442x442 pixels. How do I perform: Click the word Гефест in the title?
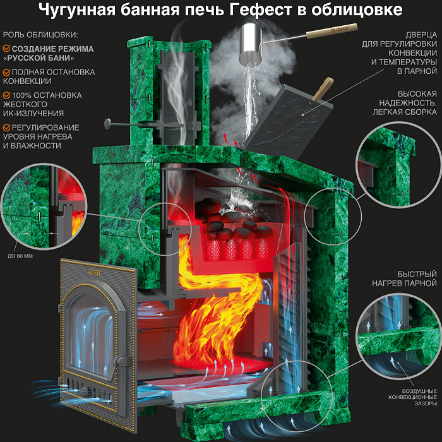[260, 10]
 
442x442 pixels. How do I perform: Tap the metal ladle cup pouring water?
[251, 44]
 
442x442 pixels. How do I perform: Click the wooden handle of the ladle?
[332, 31]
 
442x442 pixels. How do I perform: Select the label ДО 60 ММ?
[20, 256]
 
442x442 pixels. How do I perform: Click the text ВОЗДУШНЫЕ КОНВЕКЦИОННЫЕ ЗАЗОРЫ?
[412, 397]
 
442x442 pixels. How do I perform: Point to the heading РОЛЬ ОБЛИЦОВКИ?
[40, 35]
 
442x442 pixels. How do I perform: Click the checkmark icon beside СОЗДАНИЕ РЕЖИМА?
[7, 49]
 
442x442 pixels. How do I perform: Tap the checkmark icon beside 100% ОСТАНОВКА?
[7, 95]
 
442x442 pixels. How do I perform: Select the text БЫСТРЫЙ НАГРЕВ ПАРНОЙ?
[405, 278]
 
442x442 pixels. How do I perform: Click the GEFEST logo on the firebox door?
[95, 272]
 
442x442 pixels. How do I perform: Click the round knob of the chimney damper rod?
[108, 124]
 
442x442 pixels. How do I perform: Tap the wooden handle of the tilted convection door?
[323, 90]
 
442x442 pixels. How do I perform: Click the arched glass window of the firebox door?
[92, 335]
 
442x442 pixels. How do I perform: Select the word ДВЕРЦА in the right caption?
[421, 35]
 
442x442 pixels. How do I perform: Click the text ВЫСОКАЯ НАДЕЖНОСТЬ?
[408, 99]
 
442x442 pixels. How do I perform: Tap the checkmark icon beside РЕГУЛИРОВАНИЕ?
[7, 128]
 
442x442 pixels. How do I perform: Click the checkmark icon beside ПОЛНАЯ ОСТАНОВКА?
[7, 72]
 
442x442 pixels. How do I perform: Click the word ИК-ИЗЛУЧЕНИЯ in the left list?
[33, 113]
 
